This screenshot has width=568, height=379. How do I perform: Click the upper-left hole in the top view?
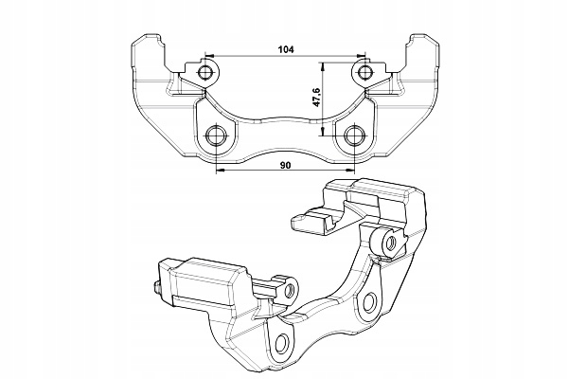click(205, 74)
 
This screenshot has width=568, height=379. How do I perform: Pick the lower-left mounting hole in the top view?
click(217, 135)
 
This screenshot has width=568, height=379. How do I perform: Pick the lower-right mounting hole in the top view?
click(354, 135)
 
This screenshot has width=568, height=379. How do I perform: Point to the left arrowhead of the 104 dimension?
click(210, 58)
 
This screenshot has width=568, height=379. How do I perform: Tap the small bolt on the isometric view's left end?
click(152, 292)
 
